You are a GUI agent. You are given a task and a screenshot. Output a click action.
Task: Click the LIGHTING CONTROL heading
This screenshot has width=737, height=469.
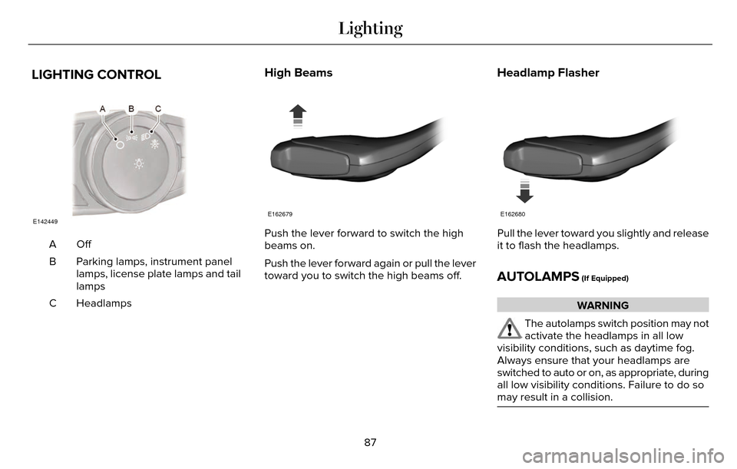(96, 75)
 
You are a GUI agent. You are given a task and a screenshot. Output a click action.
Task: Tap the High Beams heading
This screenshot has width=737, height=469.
(298, 73)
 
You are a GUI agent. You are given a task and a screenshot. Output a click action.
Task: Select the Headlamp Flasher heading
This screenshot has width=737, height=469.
(548, 73)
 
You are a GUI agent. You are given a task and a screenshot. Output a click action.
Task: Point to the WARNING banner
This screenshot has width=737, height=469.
(603, 306)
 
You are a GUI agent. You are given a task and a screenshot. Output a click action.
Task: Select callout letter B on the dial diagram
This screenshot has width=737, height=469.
(131, 109)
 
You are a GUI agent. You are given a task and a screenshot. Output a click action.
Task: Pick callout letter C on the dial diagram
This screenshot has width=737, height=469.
(158, 109)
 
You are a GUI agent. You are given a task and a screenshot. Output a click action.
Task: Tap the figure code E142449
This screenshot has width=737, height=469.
(45, 221)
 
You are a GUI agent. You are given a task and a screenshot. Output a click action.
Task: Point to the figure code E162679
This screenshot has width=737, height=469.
(280, 214)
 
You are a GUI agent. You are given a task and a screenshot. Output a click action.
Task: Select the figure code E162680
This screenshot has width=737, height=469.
(513, 214)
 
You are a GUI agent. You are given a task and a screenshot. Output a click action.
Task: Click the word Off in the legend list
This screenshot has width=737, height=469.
(84, 244)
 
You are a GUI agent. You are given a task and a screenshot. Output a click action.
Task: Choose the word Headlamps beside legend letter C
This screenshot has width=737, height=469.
(104, 303)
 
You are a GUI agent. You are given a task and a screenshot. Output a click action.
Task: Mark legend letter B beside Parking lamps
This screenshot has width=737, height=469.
(53, 262)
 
